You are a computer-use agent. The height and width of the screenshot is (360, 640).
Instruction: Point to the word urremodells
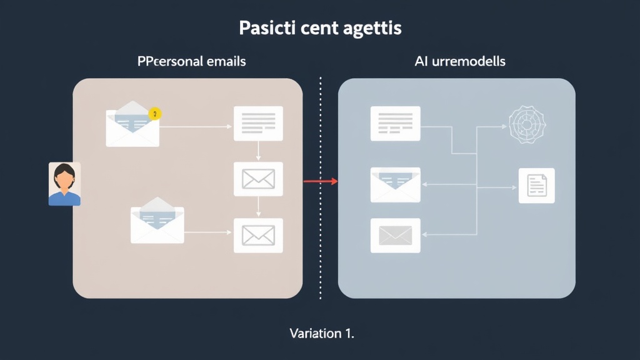tap(467, 61)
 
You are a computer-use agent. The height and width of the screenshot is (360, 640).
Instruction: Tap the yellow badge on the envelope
tap(156, 114)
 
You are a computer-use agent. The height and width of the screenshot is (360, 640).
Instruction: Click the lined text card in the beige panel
tap(258, 123)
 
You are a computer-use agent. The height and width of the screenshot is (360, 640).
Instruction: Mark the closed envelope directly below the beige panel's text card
tap(258, 179)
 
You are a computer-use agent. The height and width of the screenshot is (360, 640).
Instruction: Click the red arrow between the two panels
tap(320, 182)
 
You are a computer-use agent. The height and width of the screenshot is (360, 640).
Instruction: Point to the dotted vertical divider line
tap(320, 250)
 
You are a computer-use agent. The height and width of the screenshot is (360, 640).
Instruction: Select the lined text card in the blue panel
tap(395, 123)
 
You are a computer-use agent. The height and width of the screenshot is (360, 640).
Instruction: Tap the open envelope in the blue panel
tap(395, 184)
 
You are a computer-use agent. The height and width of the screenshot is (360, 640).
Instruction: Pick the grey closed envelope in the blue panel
tap(395, 235)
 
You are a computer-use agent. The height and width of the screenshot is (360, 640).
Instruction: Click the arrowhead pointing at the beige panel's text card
tap(229, 126)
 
